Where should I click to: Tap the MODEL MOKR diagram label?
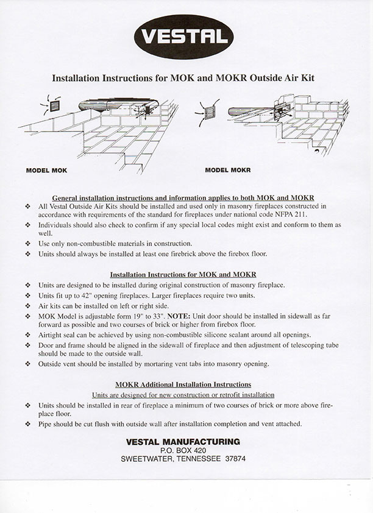[x=228, y=171]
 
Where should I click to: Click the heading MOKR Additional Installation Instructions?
[x=183, y=384]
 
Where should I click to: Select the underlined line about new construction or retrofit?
[x=183, y=395]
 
